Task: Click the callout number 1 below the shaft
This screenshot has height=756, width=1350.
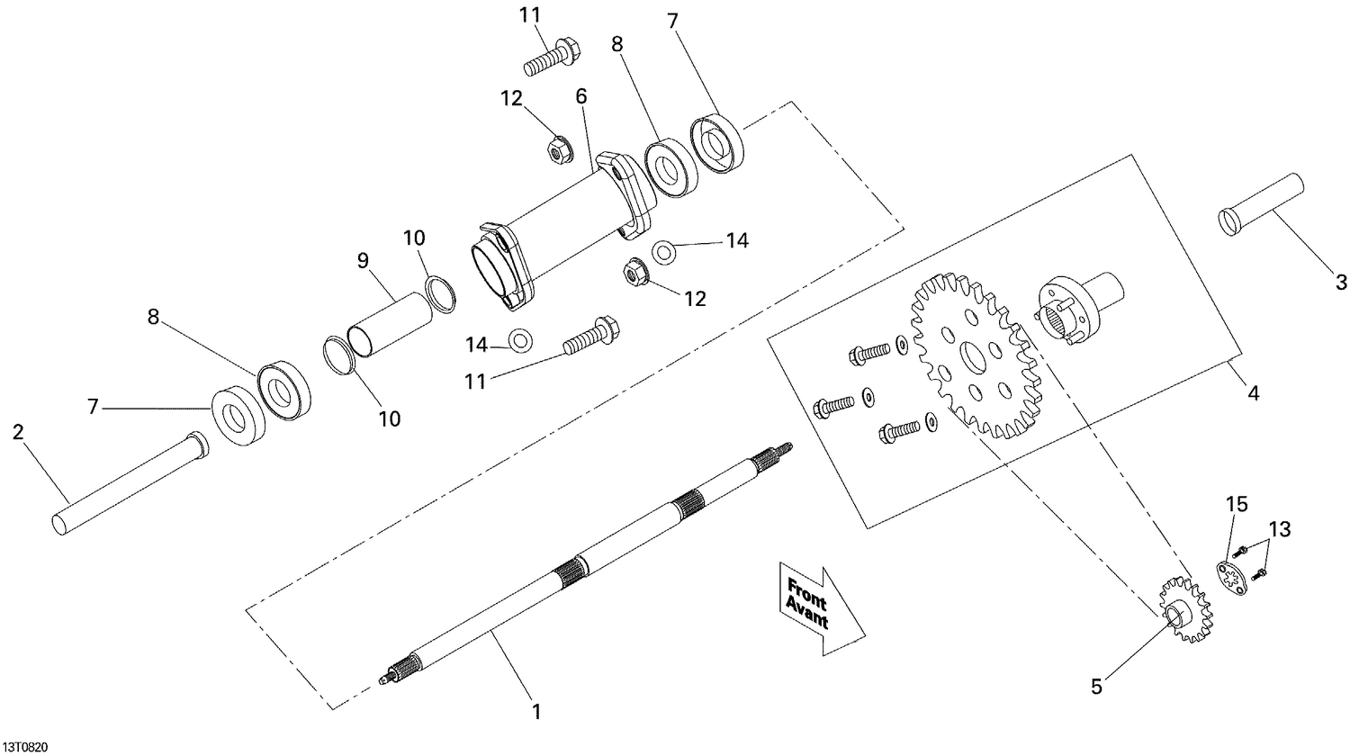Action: tap(536, 712)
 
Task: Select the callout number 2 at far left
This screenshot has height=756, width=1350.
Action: tap(18, 432)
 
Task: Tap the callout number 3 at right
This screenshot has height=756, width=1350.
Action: tap(1340, 283)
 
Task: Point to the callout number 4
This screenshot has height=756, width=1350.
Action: tap(1253, 393)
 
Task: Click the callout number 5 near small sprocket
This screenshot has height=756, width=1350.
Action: tap(1095, 687)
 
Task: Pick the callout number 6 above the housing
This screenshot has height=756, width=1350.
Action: tap(581, 94)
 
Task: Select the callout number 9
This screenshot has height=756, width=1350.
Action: tap(363, 261)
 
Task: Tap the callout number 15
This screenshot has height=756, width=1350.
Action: tap(1237, 505)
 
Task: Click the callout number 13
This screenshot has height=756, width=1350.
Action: tap(1280, 529)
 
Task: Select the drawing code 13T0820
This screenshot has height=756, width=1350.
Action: tap(26, 747)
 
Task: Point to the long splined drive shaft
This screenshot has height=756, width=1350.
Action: tap(585, 567)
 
